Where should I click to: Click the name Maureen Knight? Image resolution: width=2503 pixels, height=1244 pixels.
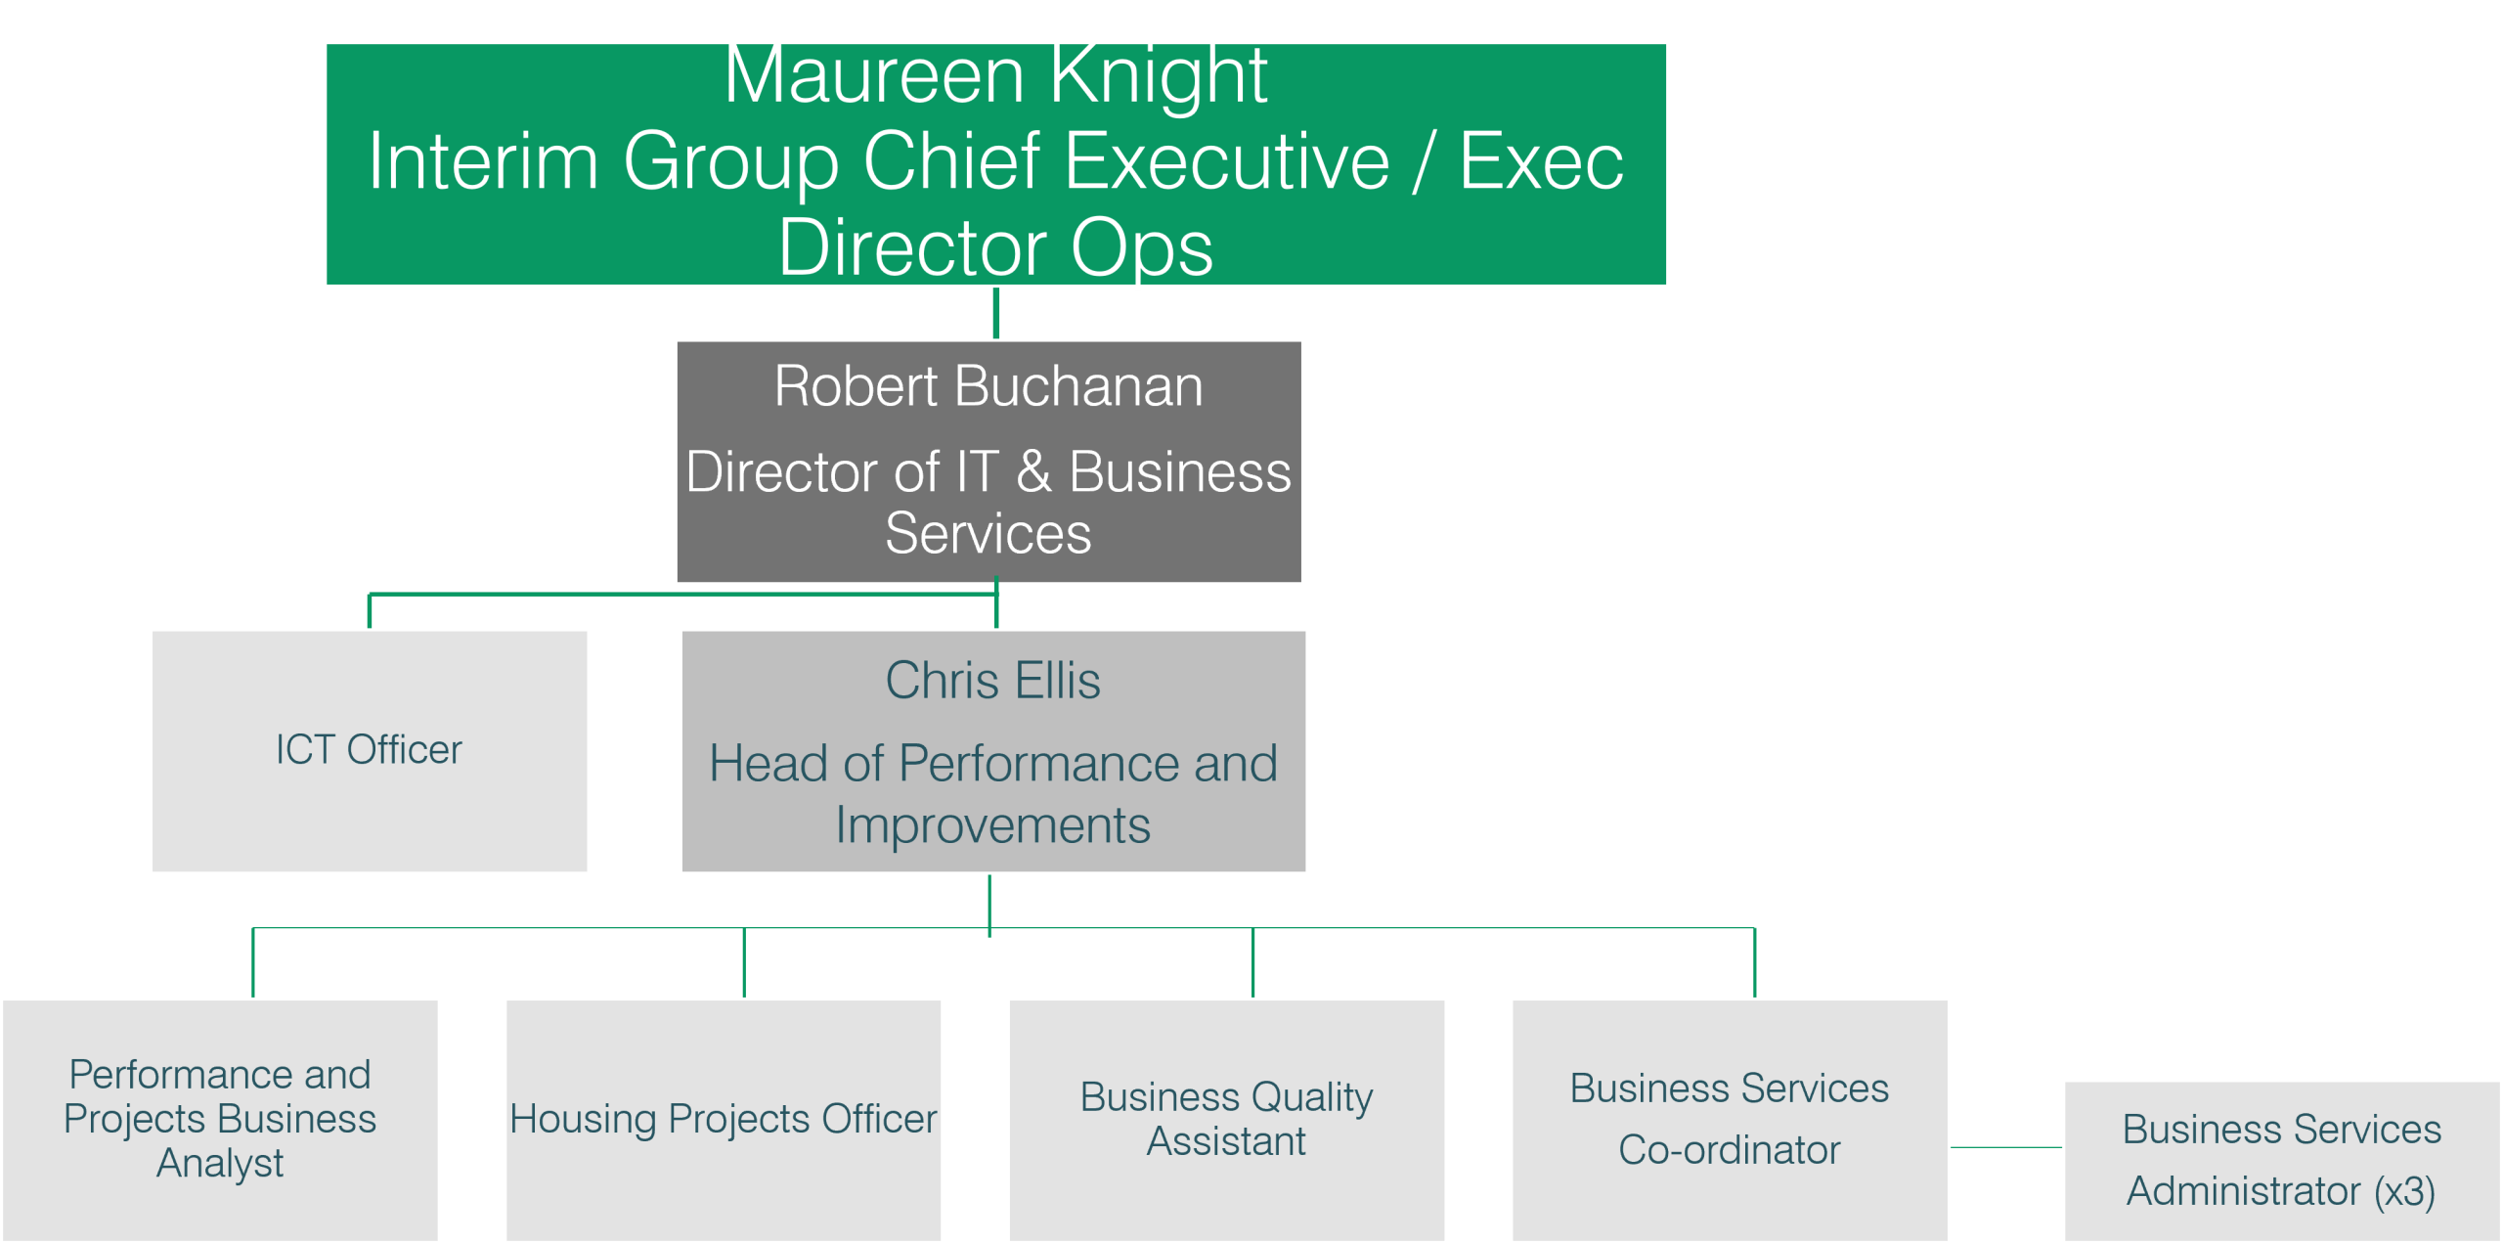pos(995,76)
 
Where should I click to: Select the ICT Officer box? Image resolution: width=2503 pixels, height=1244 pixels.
pos(369,750)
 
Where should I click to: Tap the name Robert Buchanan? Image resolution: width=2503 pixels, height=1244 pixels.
pos(988,386)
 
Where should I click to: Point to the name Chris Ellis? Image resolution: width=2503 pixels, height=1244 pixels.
pos(992,681)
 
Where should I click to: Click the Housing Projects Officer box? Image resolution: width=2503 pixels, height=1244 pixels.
pos(724,1119)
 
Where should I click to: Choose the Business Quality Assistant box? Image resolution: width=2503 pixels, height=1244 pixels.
pos(1226,1119)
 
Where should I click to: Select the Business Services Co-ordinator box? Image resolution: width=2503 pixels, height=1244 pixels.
pos(1730,1119)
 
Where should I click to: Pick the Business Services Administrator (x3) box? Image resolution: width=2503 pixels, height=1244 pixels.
pos(2281,1161)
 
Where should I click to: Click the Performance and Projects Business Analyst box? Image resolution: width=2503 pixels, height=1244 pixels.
pos(220,1119)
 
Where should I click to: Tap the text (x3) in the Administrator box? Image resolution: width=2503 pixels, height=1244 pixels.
pos(2404,1192)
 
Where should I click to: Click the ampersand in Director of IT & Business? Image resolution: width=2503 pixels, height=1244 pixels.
pos(1033,472)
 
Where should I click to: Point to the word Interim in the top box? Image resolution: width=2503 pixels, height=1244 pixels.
pos(483,162)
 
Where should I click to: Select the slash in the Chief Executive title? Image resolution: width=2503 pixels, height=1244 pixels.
pos(1424,162)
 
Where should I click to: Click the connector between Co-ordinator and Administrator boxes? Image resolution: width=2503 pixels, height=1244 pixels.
pos(2006,1147)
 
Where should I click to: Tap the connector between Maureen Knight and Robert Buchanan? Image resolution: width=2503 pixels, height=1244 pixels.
pos(995,313)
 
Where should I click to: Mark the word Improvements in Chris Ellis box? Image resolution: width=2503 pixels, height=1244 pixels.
pos(992,825)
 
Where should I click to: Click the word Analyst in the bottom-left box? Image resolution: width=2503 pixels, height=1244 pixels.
pos(220,1164)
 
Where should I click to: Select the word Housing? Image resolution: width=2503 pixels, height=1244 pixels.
pos(583,1119)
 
